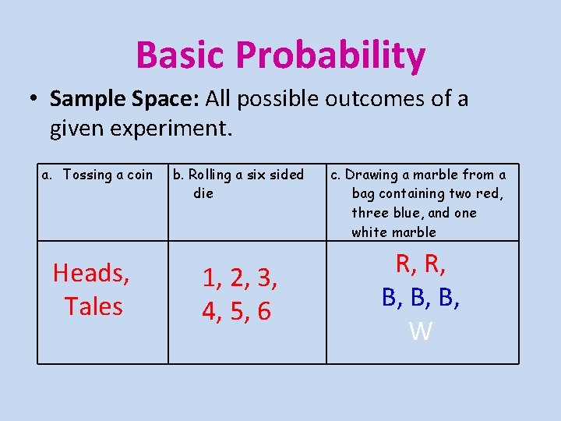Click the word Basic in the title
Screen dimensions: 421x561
(181, 55)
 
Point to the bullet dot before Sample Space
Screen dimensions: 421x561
(34, 100)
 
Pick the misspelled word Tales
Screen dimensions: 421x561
(93, 306)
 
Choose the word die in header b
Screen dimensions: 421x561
(203, 193)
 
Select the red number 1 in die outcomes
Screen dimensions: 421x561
(210, 278)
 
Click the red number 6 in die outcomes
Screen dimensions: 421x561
(264, 312)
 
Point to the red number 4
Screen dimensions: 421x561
(210, 312)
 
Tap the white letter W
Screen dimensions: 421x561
(421, 332)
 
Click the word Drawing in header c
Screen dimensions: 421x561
(372, 175)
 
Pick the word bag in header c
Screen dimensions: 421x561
(363, 193)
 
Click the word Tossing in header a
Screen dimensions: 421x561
(87, 175)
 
